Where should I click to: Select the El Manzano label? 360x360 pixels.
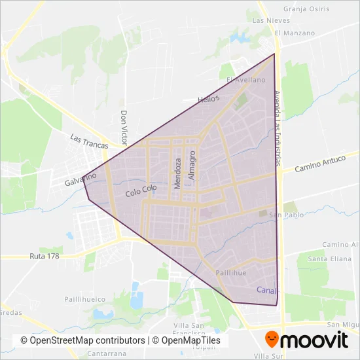pos(295,33)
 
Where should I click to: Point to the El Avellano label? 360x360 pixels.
pos(246,80)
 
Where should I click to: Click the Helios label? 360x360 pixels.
pos(209,99)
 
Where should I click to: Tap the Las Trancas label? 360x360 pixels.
pos(88,142)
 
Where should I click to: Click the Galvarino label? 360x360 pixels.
pos(81,178)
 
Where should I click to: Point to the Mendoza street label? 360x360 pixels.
pos(177,173)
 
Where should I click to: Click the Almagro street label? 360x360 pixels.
pos(192,166)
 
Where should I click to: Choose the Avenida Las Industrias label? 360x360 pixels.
pos(278,128)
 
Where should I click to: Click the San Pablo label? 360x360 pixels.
pos(283,214)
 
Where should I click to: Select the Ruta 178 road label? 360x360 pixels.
pos(45,256)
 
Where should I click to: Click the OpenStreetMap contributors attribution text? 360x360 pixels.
pos(82,340)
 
